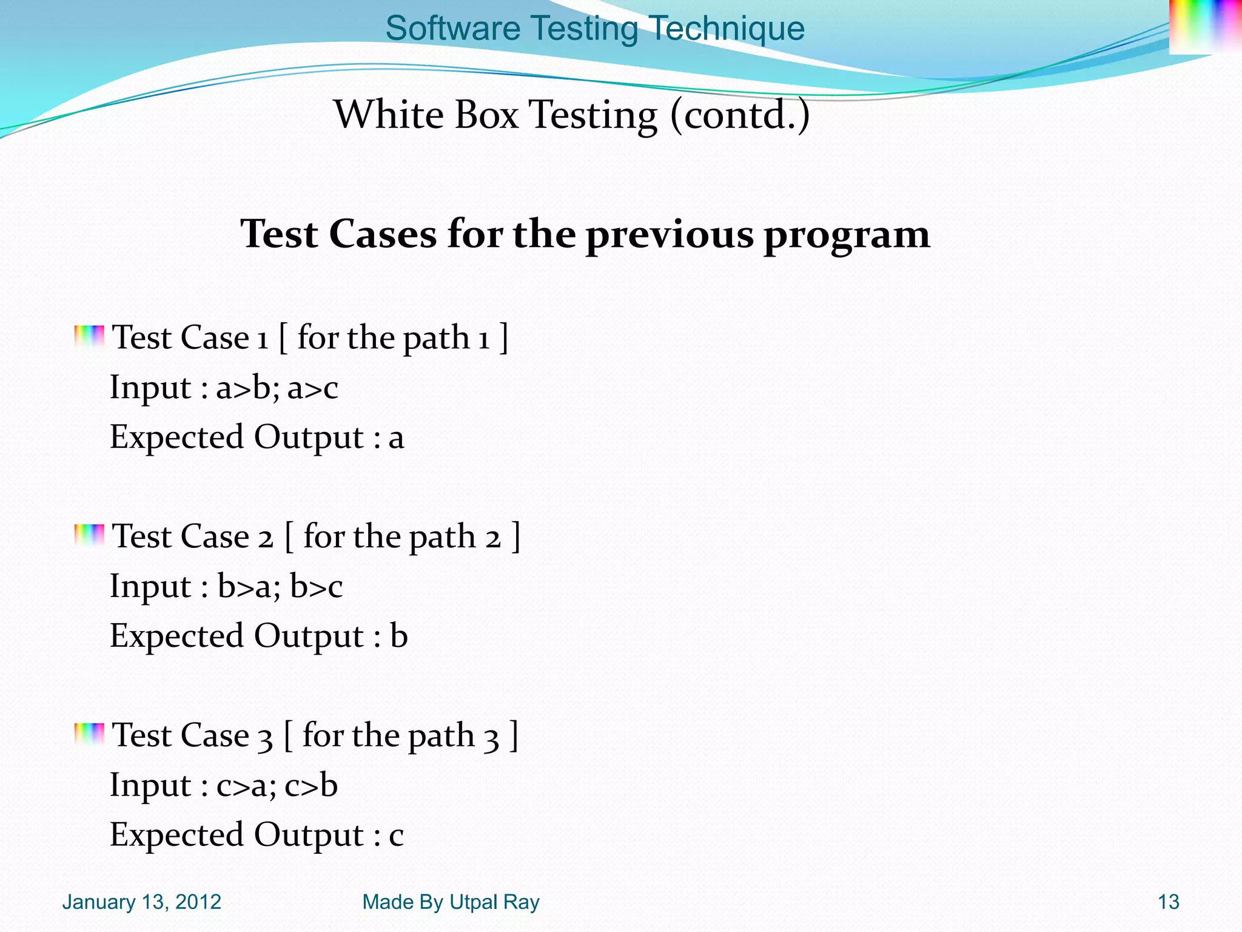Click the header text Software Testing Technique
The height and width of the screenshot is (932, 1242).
[595, 28]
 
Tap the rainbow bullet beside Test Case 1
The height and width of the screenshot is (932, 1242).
[89, 337]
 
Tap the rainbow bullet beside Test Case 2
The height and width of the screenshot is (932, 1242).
[89, 535]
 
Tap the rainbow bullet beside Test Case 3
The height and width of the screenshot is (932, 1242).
[89, 734]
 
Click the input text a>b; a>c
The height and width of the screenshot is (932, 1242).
[277, 388]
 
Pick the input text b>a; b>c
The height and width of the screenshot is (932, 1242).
[280, 587]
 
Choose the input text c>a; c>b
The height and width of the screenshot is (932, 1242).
[277, 785]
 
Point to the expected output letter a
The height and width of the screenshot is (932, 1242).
[396, 438]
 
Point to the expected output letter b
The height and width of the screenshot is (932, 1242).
[398, 636]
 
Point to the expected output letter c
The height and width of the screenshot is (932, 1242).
[396, 836]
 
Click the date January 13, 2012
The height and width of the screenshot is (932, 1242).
[141, 902]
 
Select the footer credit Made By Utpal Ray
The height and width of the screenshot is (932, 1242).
[451, 902]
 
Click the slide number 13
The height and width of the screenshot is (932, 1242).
[1168, 902]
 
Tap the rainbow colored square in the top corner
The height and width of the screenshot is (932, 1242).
[1204, 27]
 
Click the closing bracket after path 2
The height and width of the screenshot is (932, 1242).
[515, 536]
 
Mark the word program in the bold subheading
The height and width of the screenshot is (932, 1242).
[847, 235]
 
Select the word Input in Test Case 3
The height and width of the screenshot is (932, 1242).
[150, 785]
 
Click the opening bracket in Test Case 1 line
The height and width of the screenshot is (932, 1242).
[283, 338]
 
